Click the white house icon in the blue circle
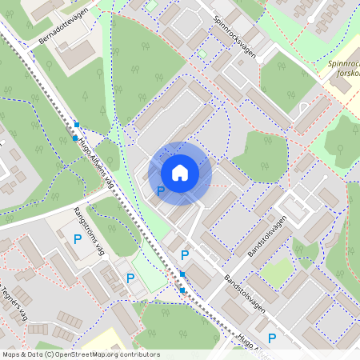[180, 173]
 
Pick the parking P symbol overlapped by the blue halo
[160, 191]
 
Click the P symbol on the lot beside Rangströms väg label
[78, 239]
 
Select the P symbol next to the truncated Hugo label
[272, 338]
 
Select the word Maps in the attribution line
[10, 354]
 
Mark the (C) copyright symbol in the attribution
[48, 354]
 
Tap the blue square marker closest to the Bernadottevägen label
[77, 125]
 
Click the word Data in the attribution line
[34, 354]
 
